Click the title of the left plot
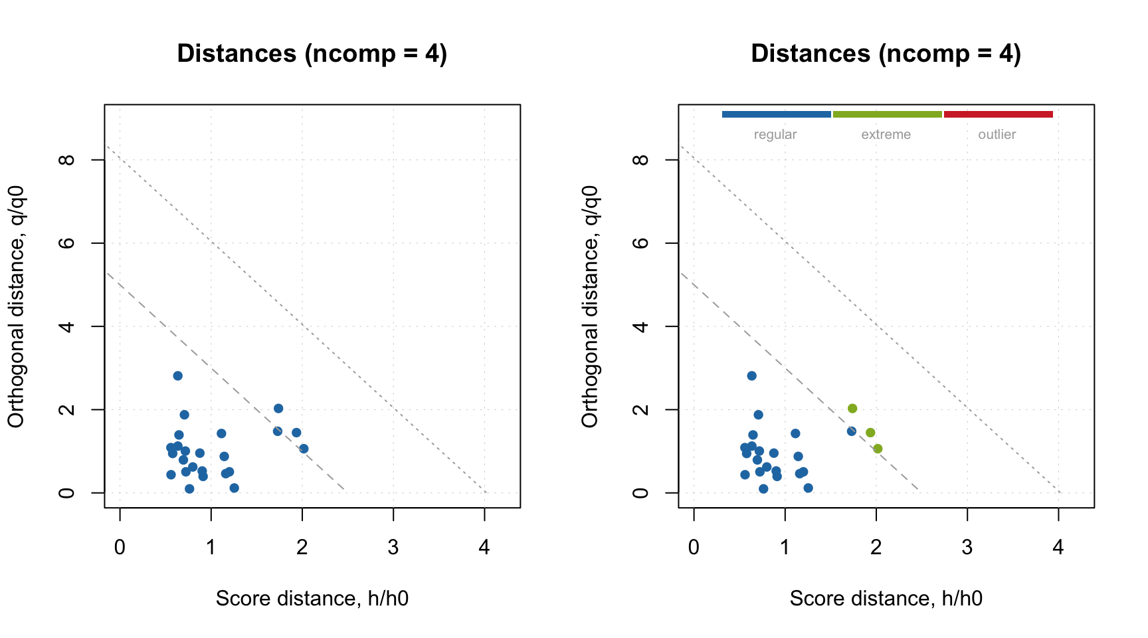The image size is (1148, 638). (312, 54)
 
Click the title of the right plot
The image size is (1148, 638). (886, 54)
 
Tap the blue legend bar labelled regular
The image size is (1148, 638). (776, 114)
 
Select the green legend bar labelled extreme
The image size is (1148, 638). (887, 114)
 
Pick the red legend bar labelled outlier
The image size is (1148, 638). (998, 114)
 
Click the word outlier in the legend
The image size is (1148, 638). (997, 134)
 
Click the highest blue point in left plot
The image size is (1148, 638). (177, 375)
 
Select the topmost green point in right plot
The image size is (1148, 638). (852, 408)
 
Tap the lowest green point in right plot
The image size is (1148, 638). (878, 449)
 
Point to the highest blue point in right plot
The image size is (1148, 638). (751, 375)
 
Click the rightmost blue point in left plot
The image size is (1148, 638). (304, 449)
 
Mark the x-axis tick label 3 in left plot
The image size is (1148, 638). (393, 547)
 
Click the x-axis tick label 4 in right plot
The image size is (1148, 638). (1058, 547)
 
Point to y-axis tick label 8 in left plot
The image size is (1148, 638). (66, 159)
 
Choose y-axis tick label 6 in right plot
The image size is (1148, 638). (640, 243)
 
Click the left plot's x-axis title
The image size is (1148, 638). (312, 598)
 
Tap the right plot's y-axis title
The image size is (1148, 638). (590, 306)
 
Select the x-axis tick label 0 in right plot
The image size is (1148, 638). (694, 547)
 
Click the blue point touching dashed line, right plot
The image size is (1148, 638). (852, 431)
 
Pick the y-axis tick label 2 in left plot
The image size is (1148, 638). (66, 409)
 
